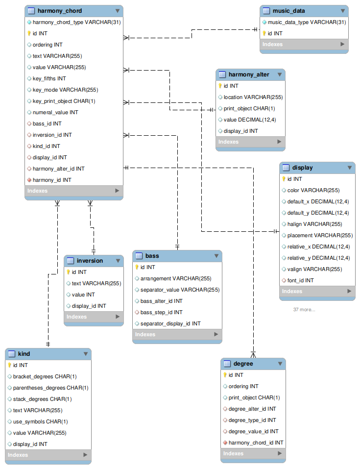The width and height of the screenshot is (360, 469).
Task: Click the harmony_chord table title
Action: pos(59,11)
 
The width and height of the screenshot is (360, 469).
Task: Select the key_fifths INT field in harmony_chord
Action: pos(49,78)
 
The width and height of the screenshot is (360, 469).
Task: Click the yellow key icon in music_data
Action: pos(264,33)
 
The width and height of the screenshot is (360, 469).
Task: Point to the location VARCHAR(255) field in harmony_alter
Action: pos(253,97)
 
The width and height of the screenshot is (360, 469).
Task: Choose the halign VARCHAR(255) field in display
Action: pos(314,224)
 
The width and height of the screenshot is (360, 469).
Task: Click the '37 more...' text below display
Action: pos(304,309)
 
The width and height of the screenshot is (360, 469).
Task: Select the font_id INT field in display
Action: pos(300,280)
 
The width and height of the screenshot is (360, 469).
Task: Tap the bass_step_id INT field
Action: pos(161,312)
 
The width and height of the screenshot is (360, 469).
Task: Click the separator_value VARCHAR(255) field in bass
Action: pos(180,290)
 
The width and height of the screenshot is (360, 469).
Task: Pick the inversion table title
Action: pos(90,261)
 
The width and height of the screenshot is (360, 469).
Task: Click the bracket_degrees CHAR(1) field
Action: pos(45,376)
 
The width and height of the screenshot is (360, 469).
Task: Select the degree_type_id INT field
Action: pos(252,420)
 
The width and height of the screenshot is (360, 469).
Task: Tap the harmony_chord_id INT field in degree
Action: pos(256,443)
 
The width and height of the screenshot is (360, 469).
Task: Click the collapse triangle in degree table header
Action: pos(280,364)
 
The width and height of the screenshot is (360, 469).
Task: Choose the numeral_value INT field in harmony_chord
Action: pos(55,112)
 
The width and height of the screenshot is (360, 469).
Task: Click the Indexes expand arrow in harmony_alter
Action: pos(279,142)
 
